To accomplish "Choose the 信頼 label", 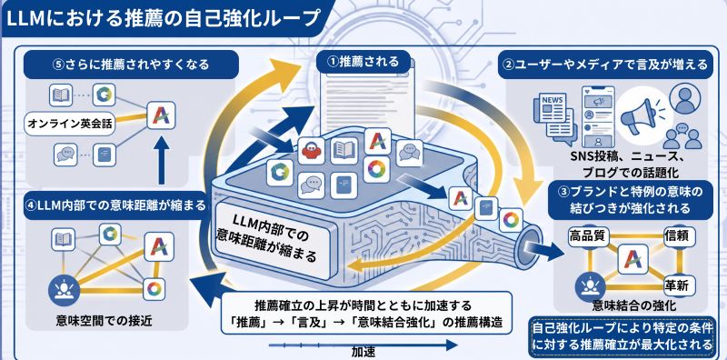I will coord(676,235).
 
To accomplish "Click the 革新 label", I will coord(676,283).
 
